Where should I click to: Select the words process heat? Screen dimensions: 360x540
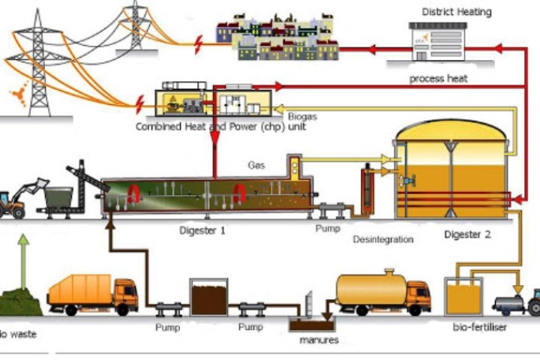pos(438,78)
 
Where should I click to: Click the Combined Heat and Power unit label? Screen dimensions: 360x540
pos(220,127)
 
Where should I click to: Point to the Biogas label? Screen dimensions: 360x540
pos(303,116)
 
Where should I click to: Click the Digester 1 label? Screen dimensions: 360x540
pos(202,231)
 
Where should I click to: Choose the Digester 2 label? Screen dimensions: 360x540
pos(466,234)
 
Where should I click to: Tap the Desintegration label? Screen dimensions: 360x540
pos(382,239)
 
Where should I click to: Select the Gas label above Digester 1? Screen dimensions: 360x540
pos(256,163)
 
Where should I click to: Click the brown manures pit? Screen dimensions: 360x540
pos(313,325)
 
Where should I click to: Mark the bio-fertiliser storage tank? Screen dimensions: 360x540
pos(463,297)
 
